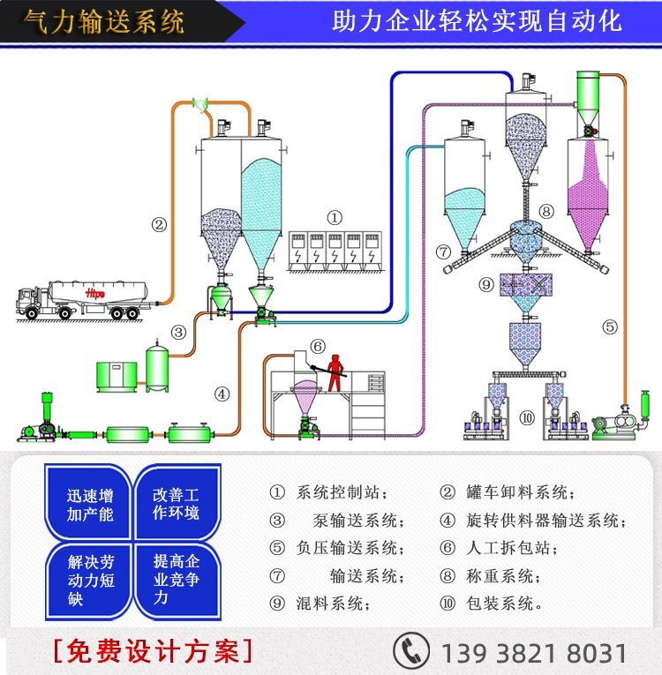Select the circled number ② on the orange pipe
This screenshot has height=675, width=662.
159,224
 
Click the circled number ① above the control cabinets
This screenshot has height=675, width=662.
335,217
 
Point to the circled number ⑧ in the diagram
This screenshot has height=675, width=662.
546,211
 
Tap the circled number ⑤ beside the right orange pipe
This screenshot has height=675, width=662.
610,326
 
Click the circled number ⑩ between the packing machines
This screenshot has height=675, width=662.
527,417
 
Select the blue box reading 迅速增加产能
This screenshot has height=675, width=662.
89,504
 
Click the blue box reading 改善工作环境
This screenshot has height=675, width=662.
177,504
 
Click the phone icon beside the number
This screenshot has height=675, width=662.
410,651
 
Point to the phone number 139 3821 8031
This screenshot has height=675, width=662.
533,653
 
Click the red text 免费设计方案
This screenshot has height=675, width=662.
153,651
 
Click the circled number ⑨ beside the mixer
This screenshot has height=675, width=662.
486,284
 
